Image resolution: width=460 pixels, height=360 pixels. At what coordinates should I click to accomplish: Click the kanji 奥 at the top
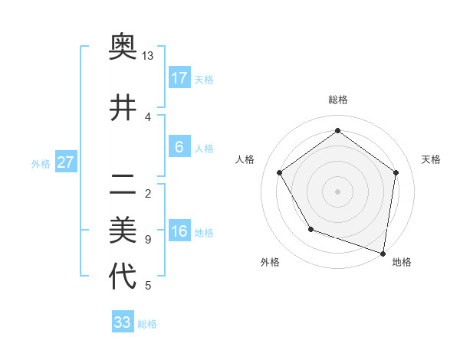pos(123,47)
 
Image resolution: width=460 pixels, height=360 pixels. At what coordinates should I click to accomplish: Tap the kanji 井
pos(123,108)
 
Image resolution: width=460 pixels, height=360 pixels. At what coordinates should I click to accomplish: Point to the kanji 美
pos(123,228)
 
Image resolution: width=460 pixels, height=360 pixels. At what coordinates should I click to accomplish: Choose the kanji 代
pos(123,276)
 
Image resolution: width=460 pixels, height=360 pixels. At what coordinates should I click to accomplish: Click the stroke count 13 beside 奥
pos(148,56)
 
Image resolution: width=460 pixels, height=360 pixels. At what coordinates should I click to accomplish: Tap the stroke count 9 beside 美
pos(147,240)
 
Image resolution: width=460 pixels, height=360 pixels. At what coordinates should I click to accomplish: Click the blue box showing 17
pos(179,78)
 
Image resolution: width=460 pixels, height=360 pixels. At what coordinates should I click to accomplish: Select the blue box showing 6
pos(179,147)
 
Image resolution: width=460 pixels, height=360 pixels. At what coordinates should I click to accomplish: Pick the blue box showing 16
pos(179,231)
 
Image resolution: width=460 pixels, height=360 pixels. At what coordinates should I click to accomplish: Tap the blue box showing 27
pos(66,162)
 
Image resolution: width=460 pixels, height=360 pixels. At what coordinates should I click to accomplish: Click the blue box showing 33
pos(123,322)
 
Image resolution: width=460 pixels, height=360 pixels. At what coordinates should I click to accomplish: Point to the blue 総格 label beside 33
pos(147,324)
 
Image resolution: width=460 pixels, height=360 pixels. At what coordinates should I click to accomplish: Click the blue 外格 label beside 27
pos(41,163)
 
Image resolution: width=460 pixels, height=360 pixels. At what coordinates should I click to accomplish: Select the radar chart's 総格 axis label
pos(338,100)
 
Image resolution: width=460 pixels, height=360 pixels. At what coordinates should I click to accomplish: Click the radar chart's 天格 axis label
pos(431,159)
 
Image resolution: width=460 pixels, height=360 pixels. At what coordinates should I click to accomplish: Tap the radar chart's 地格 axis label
pos(402,263)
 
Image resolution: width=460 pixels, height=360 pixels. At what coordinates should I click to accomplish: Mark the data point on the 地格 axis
pos(383,253)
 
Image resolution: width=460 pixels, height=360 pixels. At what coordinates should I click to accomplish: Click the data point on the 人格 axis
pos(280,173)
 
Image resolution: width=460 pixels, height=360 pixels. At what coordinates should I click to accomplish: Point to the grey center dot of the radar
pos(338,191)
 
